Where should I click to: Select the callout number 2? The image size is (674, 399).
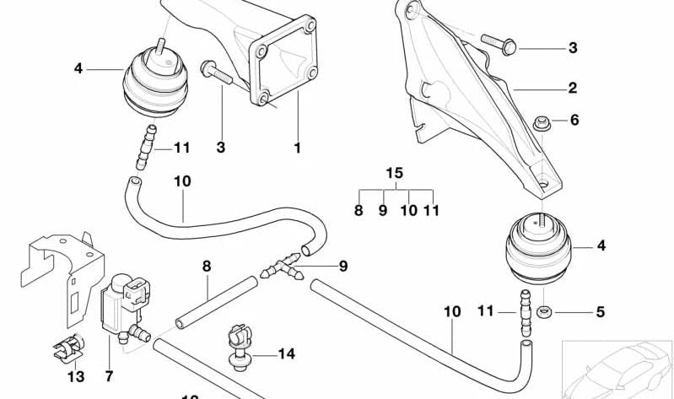(x=572, y=88)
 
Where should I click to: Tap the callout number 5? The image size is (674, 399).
(x=600, y=312)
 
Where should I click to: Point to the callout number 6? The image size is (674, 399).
(x=574, y=121)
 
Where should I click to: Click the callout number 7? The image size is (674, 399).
(x=108, y=374)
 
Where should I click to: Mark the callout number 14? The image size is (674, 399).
(x=286, y=354)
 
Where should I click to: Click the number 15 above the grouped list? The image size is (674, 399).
(x=394, y=173)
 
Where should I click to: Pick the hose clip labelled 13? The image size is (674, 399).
(x=76, y=347)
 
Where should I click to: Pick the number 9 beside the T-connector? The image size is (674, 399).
(x=343, y=267)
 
